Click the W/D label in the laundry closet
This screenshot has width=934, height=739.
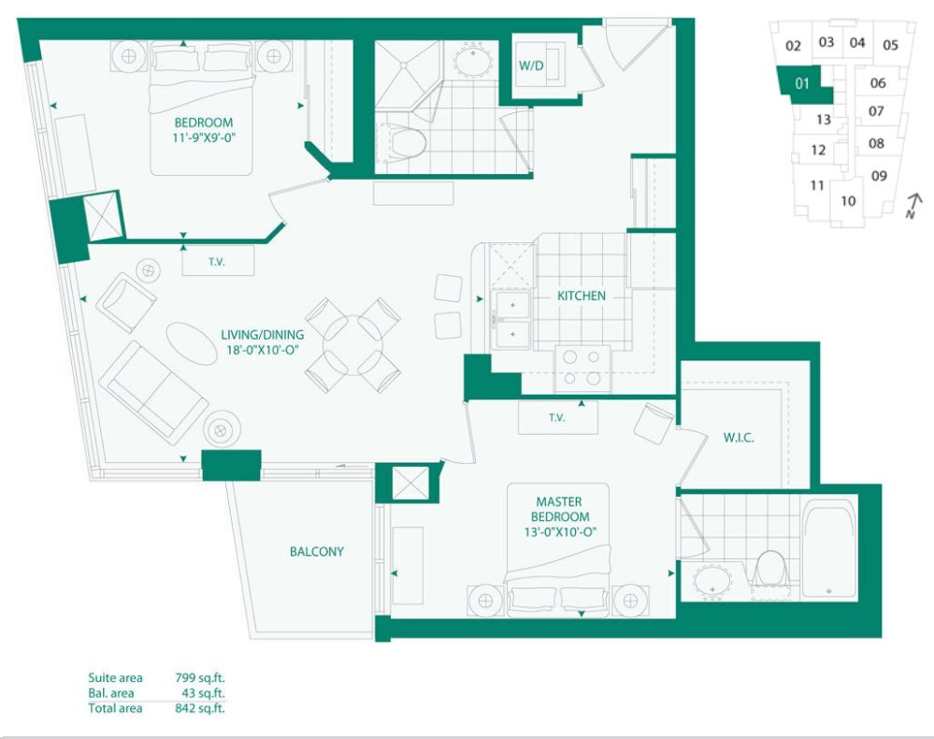[x=531, y=65]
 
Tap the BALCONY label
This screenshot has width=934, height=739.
[x=317, y=551]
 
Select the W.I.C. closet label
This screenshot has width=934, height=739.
[x=739, y=438]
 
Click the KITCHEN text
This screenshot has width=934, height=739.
[x=582, y=296]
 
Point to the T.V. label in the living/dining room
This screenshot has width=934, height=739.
[x=217, y=262]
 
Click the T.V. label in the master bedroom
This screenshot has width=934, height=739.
[x=557, y=418]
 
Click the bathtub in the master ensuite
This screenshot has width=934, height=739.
[x=829, y=550]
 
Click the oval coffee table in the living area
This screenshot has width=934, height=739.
[x=192, y=343]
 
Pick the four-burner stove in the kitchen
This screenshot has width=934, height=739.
[x=582, y=369]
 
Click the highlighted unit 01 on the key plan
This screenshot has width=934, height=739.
[x=803, y=84]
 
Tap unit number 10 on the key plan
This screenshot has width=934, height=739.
[x=848, y=201]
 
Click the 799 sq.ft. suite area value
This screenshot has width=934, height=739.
[x=200, y=677]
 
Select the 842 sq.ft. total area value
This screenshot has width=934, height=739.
[x=200, y=708]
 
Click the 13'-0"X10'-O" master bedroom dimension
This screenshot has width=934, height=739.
[x=561, y=531]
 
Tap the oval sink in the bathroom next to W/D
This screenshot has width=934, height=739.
[x=474, y=60]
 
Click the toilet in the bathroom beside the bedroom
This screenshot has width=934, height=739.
[x=408, y=142]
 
